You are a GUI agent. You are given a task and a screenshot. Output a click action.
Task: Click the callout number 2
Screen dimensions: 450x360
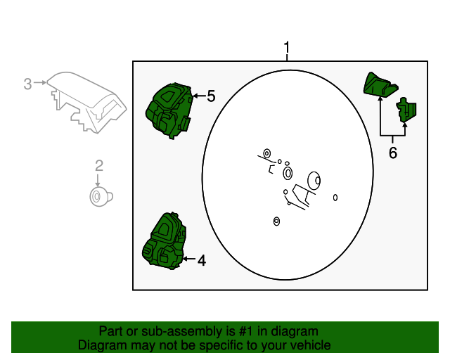99,166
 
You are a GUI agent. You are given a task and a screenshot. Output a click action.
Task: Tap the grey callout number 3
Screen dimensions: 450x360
27,84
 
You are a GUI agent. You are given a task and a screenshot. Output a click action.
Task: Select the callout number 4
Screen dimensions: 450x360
202,260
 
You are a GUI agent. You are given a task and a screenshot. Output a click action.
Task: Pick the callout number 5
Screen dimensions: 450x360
211,96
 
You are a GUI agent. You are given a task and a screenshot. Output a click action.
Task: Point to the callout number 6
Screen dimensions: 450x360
393,153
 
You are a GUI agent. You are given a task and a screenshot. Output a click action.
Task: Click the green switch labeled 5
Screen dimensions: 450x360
169,111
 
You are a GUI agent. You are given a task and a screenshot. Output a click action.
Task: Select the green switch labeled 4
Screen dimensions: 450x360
164,241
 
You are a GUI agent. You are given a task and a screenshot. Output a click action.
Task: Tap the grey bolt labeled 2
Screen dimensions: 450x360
101,197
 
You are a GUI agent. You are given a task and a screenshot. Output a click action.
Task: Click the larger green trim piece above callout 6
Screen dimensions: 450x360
380,84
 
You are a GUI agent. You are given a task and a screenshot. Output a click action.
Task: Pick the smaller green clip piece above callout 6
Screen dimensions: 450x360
406,110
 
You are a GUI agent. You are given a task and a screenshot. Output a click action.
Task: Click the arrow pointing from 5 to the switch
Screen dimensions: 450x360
199,96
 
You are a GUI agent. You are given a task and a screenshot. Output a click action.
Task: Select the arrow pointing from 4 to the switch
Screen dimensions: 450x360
189,259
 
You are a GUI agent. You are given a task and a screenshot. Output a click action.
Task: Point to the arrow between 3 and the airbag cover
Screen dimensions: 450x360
40,83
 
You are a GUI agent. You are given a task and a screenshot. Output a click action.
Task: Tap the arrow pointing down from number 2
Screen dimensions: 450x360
98,180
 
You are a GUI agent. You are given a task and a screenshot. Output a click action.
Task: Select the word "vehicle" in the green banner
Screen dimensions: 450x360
311,345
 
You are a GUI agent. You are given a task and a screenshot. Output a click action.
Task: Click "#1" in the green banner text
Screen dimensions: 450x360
246,331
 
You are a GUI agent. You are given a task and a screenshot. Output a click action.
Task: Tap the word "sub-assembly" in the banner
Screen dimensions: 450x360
182,332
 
